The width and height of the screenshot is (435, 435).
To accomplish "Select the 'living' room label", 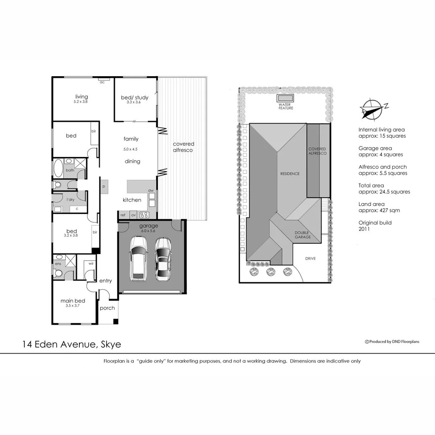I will (81, 97).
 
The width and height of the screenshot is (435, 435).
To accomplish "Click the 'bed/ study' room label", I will (135, 97).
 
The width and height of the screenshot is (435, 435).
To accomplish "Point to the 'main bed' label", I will (73, 301).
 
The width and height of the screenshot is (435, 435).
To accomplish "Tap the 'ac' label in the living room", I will (102, 82).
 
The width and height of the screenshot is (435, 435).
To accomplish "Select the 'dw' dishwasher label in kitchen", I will (151, 190).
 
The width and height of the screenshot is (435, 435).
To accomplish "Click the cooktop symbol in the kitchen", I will (144, 215).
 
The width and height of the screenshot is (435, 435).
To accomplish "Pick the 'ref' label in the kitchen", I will (123, 215).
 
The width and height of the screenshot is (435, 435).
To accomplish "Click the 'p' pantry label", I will (104, 186).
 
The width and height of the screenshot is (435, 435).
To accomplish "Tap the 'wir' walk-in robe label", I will (91, 263).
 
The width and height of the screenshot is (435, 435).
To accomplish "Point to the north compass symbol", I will (371, 109).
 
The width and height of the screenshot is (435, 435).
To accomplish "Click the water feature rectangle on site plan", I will (286, 99).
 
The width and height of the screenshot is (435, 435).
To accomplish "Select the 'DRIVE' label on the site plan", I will (310, 259).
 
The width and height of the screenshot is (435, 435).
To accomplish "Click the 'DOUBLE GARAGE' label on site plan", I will (302, 235).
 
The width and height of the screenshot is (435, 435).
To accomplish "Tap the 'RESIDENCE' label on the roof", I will (290, 174).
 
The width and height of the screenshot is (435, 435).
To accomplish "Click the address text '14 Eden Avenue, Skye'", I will (72, 344).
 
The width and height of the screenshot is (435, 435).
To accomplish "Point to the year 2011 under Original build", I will (364, 229).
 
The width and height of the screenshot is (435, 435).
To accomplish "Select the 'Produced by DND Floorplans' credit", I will (392, 342).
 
